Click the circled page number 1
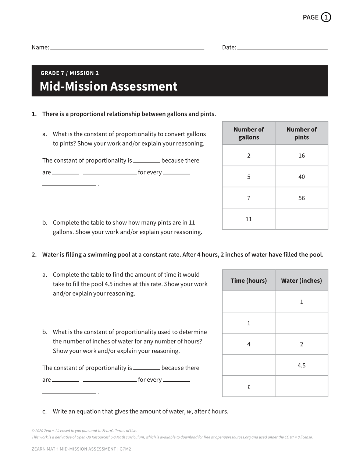pos(326,17)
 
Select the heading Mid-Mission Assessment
pos(108,87)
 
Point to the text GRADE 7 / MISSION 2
pos(69,73)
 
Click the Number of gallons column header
pos(249,133)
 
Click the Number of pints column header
pos(302,133)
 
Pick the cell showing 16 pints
pos(302,156)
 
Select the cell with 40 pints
pos(302,177)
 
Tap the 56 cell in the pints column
pos(302,198)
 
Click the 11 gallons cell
pos(249,219)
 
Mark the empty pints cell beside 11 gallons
pos(302,219)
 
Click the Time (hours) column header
pos(249,280)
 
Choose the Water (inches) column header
pos(302,280)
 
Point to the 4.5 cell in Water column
pos(302,365)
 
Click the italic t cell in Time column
pos(249,386)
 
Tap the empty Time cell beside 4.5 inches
pos(249,365)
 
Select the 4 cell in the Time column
pos(249,344)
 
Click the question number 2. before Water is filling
pos(34,255)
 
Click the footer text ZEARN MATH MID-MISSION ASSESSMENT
pos(74,449)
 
